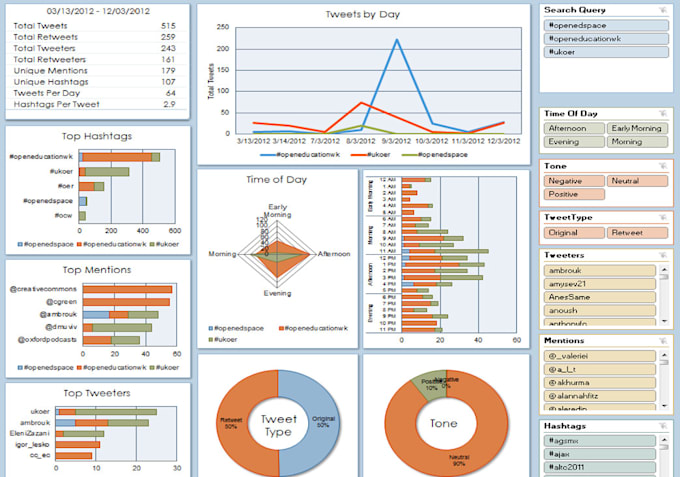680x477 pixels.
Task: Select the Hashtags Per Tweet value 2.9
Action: pos(169,104)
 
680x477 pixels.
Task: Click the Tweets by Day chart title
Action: pos(361,14)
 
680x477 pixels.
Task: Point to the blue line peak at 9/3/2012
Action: pos(397,40)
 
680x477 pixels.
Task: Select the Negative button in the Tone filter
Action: pos(569,181)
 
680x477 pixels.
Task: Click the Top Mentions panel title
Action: pos(96,270)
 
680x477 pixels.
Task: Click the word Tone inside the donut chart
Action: pos(443,424)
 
